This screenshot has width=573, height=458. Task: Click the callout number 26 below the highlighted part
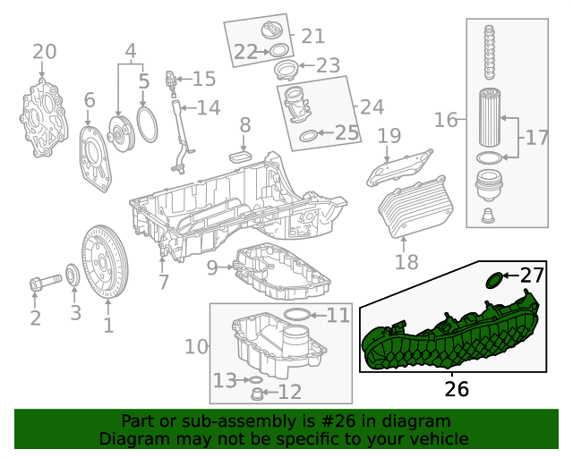(456, 389)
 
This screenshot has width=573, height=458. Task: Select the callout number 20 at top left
(44, 52)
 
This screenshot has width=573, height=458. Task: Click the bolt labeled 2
(39, 284)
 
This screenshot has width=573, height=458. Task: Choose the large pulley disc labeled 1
(107, 261)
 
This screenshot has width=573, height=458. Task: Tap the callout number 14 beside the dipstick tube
(208, 108)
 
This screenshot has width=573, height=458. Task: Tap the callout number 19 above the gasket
(389, 137)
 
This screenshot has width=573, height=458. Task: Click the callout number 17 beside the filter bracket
(536, 138)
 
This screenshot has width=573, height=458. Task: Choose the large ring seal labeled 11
(298, 315)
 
